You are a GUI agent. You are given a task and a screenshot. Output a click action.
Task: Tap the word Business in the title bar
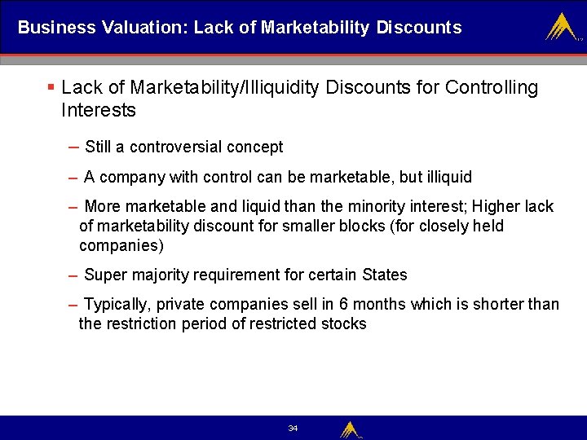tap(56, 28)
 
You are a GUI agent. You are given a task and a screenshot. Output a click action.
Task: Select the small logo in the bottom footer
tap(350, 429)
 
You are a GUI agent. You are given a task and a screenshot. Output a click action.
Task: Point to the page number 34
tap(293, 429)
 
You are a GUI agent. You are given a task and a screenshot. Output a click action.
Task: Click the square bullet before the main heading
tap(51, 87)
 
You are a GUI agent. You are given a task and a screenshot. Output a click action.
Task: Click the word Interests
tap(98, 110)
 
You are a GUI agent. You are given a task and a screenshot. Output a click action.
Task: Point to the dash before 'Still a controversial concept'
tap(74, 147)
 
